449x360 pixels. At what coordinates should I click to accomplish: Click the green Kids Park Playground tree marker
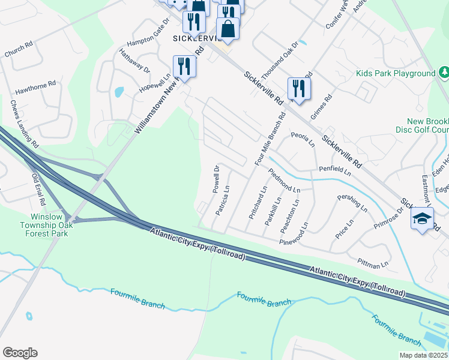click(x=444, y=73)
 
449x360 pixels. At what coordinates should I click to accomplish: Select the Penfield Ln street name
click(x=334, y=172)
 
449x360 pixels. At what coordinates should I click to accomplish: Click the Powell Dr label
click(x=216, y=179)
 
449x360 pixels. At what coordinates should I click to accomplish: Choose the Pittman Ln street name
click(x=373, y=262)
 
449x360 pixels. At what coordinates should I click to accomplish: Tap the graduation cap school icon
click(x=422, y=218)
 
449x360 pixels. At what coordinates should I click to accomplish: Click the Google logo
click(x=20, y=353)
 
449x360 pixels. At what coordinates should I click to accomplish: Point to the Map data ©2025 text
click(x=423, y=355)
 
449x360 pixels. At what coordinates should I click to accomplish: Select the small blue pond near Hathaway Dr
click(x=118, y=92)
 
